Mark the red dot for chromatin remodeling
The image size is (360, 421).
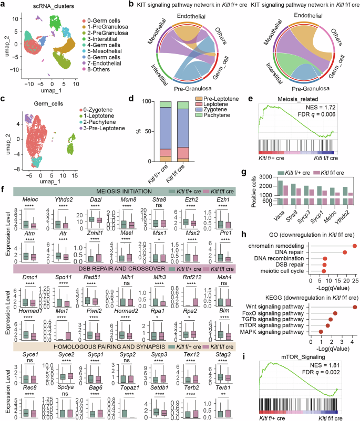(355, 246)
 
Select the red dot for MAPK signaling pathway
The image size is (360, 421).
(321, 332)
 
